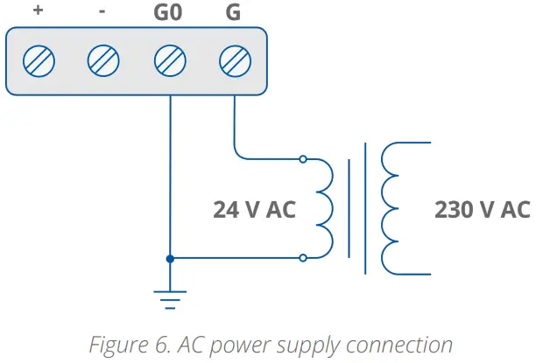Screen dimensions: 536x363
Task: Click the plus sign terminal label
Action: [x=38, y=10]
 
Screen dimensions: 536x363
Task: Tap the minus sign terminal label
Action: [x=102, y=11]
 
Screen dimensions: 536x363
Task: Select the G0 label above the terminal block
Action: [x=168, y=12]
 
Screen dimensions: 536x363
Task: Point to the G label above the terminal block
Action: [x=234, y=12]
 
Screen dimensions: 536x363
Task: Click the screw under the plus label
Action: [x=39, y=61]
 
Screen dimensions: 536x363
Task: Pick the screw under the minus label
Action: [x=103, y=60]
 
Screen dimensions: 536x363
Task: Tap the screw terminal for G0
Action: [x=170, y=61]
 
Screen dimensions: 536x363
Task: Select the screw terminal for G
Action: [x=236, y=61]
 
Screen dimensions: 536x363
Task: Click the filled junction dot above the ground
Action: [x=170, y=259]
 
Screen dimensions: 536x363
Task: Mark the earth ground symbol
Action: [x=170, y=300]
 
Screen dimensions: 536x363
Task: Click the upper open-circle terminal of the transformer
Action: [x=303, y=159]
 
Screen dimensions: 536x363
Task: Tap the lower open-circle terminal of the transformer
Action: [x=303, y=258]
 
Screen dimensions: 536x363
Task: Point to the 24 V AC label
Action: [x=254, y=209]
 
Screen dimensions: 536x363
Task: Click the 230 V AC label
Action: [x=483, y=209]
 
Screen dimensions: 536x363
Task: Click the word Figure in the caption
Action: [x=119, y=346]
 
